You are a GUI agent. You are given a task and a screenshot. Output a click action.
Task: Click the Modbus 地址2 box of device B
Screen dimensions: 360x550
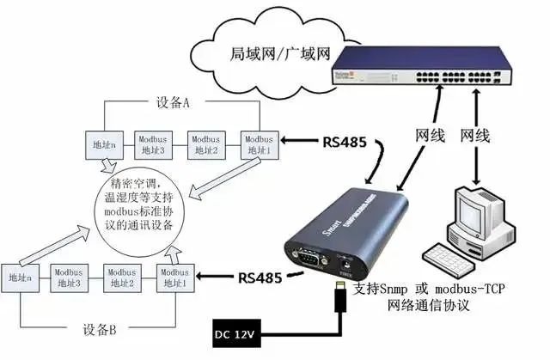pyautogui.click(x=121, y=278)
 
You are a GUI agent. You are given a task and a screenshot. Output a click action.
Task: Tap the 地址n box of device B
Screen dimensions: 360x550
pyautogui.click(x=18, y=278)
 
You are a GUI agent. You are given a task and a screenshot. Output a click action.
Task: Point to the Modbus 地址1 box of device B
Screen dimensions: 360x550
pyautogui.click(x=174, y=278)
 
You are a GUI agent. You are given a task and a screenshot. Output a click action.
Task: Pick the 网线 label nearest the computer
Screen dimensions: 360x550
pyautogui.click(x=477, y=135)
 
